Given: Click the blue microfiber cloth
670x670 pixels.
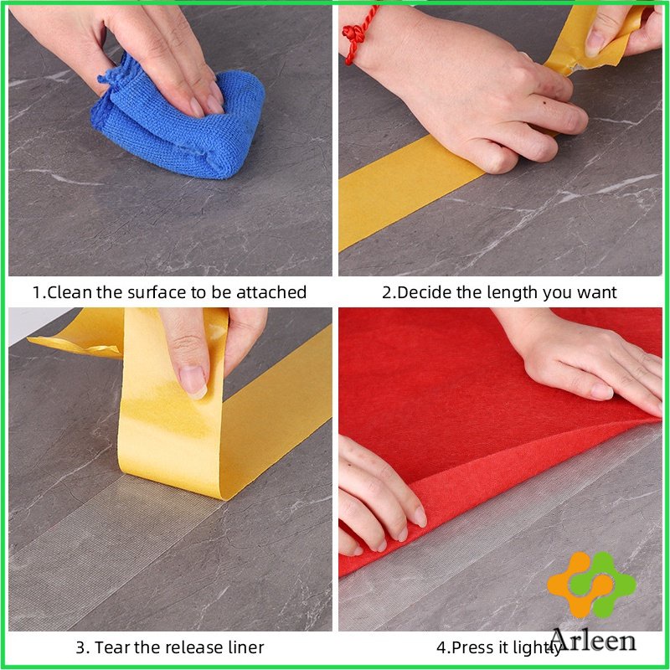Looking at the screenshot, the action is [x=178, y=124].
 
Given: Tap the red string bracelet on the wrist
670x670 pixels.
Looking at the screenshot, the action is [x=358, y=34].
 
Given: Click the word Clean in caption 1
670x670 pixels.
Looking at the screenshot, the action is [x=70, y=292].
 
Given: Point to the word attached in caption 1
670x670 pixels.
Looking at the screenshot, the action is [x=271, y=292].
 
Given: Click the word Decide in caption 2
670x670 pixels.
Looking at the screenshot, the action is [x=425, y=292].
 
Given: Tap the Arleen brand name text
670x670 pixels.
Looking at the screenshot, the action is [x=593, y=641].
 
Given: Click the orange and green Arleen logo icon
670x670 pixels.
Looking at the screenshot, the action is [x=591, y=584].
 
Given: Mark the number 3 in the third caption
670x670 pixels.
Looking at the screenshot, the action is [x=80, y=647].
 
